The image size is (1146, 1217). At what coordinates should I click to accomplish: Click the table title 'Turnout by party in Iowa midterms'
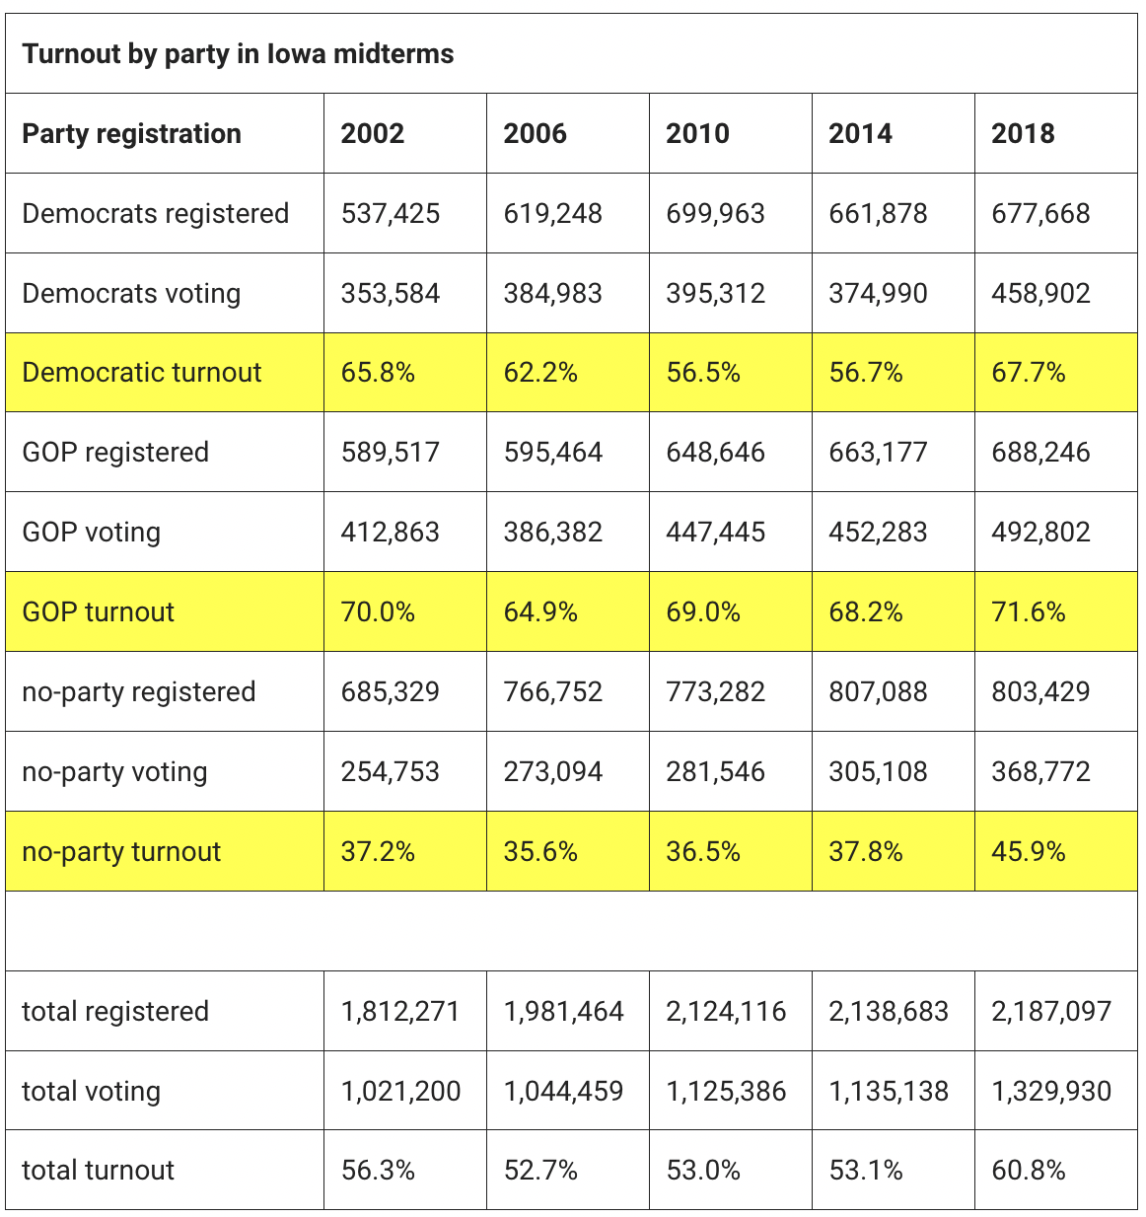(x=238, y=54)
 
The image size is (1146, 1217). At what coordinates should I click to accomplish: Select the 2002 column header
(x=373, y=133)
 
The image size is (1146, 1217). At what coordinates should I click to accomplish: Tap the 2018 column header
(x=1023, y=133)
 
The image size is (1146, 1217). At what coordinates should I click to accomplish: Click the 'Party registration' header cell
(x=132, y=134)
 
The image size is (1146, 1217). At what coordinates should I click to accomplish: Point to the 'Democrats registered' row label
(x=156, y=214)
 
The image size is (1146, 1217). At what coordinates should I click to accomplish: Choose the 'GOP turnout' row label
(x=98, y=612)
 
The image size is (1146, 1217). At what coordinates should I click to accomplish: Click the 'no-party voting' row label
(x=114, y=772)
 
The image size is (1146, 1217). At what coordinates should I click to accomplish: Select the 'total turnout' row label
(x=98, y=1171)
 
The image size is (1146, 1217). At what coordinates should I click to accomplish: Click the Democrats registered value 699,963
(x=715, y=214)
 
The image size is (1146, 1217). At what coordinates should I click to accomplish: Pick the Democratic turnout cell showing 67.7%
(x=1029, y=373)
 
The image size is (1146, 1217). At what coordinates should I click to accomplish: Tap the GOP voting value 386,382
(x=552, y=532)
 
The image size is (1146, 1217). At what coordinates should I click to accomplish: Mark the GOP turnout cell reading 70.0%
(x=378, y=612)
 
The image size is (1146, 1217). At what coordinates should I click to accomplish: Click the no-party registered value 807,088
(x=878, y=692)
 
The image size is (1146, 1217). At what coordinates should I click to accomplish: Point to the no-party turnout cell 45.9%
(x=1029, y=852)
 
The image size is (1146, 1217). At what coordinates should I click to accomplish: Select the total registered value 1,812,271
(x=400, y=1011)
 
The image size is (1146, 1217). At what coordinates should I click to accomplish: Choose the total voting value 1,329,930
(x=1051, y=1091)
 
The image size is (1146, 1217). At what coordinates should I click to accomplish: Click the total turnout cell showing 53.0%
(x=703, y=1171)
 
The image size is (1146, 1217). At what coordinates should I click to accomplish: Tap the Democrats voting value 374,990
(x=878, y=294)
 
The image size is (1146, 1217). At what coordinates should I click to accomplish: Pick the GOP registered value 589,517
(x=391, y=453)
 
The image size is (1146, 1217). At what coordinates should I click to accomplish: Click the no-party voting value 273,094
(x=552, y=772)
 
